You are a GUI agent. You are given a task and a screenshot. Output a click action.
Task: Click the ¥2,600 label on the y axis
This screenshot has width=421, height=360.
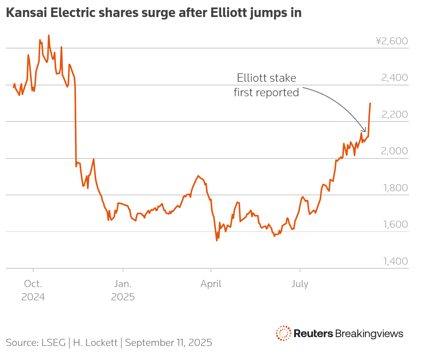[392, 41]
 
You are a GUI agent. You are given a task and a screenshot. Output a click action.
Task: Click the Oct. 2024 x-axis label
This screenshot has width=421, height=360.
[33, 290]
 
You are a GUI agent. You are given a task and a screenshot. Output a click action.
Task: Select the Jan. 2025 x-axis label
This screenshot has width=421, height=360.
[123, 290]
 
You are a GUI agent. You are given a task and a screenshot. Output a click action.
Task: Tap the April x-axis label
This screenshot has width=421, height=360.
[211, 284]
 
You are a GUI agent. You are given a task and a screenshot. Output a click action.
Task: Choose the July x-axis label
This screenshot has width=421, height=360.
[300, 284]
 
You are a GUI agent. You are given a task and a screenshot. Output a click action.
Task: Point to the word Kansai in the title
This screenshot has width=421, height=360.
[24, 13]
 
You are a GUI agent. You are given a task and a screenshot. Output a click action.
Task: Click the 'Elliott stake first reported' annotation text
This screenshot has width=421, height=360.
[266, 85]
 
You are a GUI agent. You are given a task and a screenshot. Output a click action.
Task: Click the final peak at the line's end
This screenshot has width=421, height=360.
[370, 103]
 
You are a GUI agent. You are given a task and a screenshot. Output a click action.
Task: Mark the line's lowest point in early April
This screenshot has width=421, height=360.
[217, 240]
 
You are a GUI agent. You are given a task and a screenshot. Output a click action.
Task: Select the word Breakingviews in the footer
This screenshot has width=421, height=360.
[369, 333]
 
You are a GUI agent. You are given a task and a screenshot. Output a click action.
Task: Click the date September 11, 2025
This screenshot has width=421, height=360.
[168, 343]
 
